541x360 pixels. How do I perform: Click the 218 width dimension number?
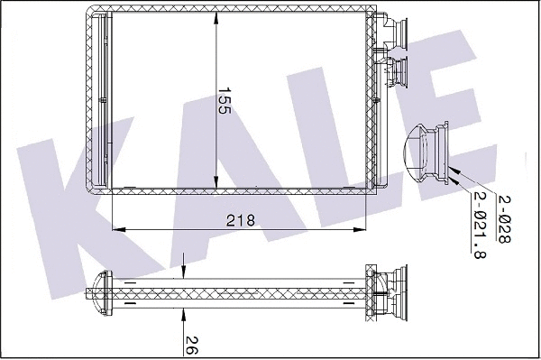pyautogui.click(x=241, y=219)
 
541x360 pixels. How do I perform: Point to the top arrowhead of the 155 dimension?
pyautogui.click(x=215, y=19)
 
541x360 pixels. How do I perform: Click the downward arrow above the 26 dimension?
pyautogui.click(x=185, y=274)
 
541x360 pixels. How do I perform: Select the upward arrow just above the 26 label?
pyautogui.click(x=185, y=312)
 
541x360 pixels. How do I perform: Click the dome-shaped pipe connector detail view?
pyautogui.click(x=433, y=152)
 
